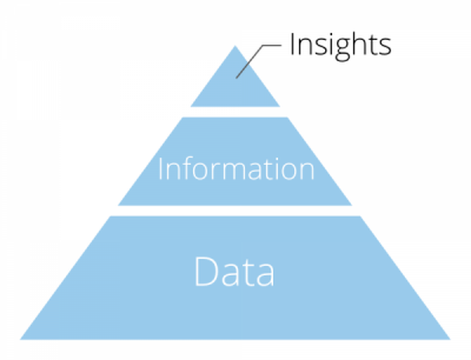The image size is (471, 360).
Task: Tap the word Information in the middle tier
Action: [x=235, y=169]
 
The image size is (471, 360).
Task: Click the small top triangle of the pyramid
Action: [x=235, y=91]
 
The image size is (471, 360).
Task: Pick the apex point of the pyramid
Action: [x=235, y=47]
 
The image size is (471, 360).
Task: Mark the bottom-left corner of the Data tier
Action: [x=22, y=338]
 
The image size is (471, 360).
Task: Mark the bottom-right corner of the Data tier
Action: [x=448, y=338]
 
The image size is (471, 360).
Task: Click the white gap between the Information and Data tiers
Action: [x=235, y=210]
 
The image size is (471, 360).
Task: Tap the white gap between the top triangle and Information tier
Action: [x=235, y=112]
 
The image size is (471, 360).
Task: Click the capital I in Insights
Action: [x=292, y=44]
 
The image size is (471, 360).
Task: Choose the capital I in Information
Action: [x=160, y=169]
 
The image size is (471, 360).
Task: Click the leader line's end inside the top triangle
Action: [x=237, y=77]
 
